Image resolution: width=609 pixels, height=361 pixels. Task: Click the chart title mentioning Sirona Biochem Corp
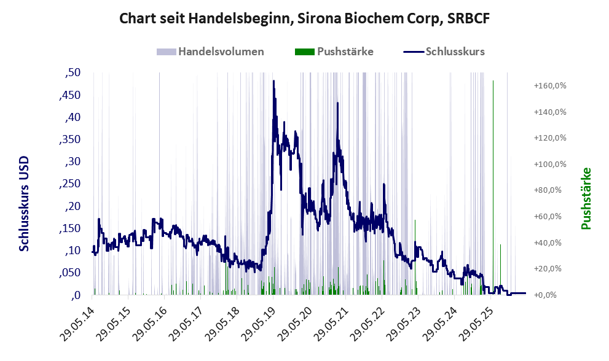304,18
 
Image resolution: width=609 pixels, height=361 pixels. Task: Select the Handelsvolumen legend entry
210,52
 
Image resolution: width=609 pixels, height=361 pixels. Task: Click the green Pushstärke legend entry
334,52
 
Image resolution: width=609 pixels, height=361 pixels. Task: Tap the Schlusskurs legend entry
444,52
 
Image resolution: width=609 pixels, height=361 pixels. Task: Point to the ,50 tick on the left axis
73,72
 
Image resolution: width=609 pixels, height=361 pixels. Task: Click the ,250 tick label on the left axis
70,184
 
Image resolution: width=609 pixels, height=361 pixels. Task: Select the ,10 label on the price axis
73,250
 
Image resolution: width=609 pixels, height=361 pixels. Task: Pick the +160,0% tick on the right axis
551,86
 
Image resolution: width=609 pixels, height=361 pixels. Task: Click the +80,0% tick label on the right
548,190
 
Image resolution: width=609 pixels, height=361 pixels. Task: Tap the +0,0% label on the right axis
546,295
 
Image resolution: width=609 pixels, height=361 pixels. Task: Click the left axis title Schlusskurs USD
24,203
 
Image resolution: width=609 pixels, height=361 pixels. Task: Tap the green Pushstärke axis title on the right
586,198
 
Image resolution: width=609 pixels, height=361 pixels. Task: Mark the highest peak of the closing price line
274,81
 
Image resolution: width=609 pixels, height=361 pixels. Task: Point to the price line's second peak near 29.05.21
337,103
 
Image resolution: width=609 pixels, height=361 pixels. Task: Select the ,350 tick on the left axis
70,139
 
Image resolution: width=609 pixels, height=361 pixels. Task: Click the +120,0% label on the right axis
551,138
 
